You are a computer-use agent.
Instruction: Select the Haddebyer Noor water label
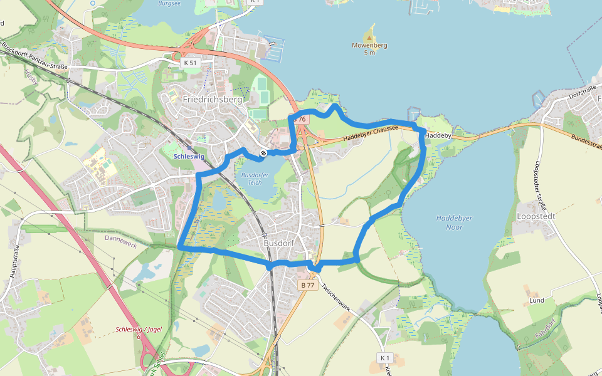[454, 222]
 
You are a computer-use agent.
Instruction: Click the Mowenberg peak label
[369, 46]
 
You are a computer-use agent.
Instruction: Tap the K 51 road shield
[190, 63]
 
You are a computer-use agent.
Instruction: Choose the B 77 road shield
[307, 285]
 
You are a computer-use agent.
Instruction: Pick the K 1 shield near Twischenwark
[384, 357]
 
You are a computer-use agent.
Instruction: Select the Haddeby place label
[438, 135]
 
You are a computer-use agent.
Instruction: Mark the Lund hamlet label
[537, 301]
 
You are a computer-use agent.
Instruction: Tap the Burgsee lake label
[169, 3]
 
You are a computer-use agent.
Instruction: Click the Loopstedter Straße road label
[539, 179]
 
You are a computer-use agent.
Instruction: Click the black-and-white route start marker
[264, 153]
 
